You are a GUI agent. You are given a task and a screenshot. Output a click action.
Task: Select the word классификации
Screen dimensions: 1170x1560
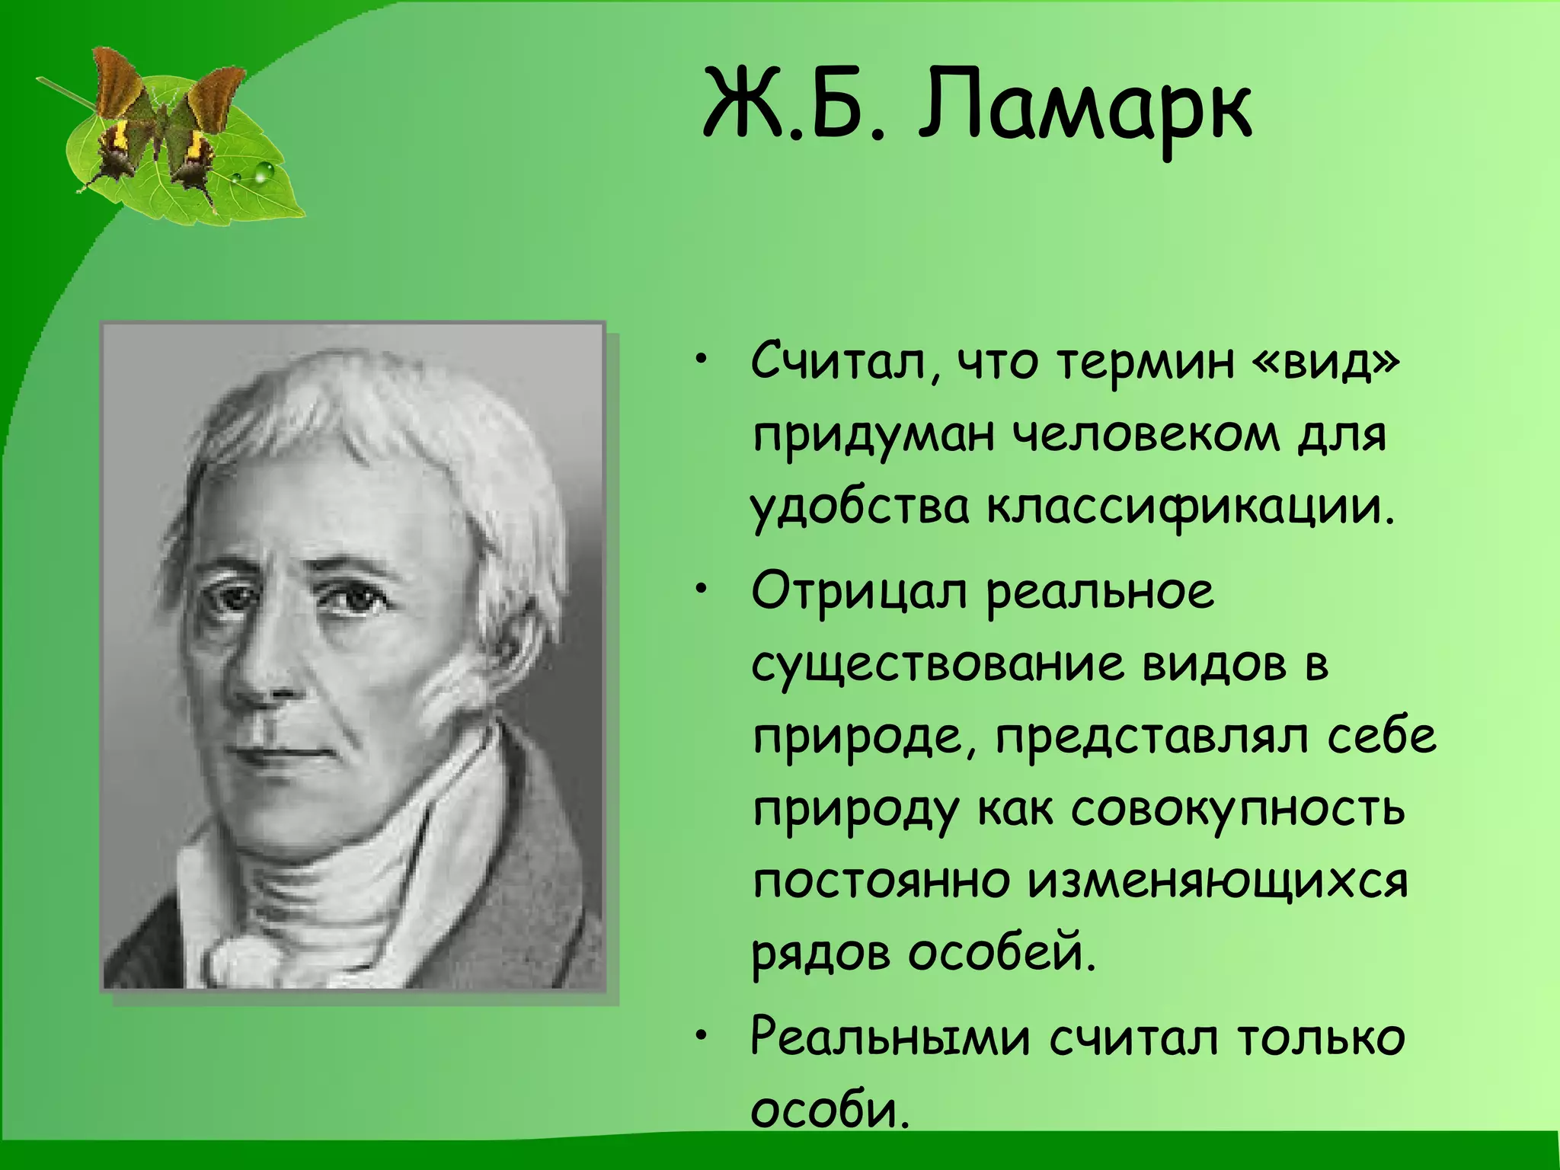[x=1191, y=508]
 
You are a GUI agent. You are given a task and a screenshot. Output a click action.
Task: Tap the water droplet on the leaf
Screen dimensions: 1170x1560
[x=263, y=173]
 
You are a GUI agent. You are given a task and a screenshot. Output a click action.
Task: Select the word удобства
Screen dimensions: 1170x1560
[x=860, y=508]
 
